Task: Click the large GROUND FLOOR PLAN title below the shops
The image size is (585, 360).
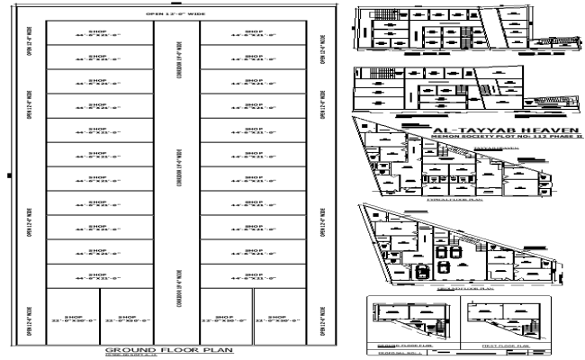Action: pos(169,349)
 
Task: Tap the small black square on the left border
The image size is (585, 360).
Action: pos(7,174)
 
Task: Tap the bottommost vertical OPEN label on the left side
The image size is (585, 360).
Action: pos(31,322)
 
